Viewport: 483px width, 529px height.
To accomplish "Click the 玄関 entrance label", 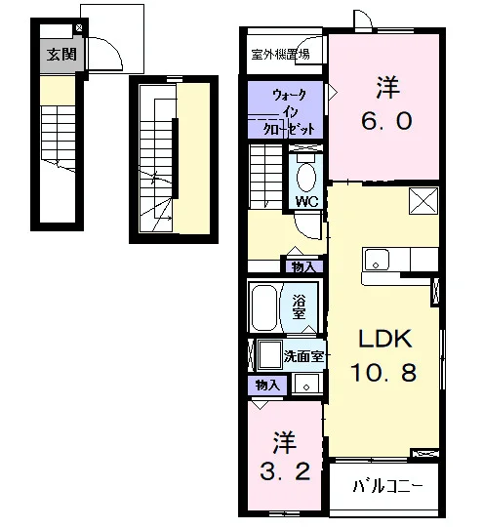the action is [x=61, y=55].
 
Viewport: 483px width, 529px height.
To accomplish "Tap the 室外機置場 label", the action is [x=280, y=55].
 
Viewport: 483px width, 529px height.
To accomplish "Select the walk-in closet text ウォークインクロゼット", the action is [x=291, y=112].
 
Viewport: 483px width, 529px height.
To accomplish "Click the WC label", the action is [x=307, y=201].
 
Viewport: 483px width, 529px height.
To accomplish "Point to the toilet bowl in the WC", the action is [x=306, y=178].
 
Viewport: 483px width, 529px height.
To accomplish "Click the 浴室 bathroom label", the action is [x=299, y=306].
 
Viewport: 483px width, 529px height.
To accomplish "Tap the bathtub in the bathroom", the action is [x=264, y=308].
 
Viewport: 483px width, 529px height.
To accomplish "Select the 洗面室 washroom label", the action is [x=303, y=356].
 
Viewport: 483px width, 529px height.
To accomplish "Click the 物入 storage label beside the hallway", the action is [x=303, y=266].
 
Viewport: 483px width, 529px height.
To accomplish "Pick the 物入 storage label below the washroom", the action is [x=267, y=385].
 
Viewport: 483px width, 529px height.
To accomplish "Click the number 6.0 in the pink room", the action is [x=386, y=121].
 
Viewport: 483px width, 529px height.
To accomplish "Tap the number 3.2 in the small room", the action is [x=285, y=471].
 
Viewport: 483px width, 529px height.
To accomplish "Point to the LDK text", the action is [x=385, y=339].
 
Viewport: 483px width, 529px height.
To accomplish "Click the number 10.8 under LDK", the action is [x=383, y=373].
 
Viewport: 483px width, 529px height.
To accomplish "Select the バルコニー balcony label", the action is [x=387, y=486].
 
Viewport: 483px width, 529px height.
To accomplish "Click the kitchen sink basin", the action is [x=376, y=260].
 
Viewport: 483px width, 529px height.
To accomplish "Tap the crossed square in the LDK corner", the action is [x=423, y=201].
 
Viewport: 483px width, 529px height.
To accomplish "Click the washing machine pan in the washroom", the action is [x=270, y=355].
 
